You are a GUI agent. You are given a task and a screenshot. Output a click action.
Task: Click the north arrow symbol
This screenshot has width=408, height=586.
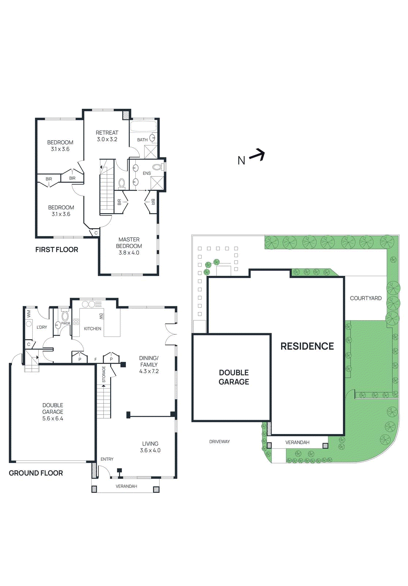click(257, 155)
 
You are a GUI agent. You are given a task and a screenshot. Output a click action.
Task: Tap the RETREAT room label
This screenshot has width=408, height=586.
click(107, 133)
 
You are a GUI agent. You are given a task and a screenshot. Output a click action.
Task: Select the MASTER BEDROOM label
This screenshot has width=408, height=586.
click(129, 242)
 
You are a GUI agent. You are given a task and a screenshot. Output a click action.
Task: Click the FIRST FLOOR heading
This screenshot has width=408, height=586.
click(57, 249)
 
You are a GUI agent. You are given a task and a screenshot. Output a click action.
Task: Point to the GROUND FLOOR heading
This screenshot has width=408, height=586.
click(36, 473)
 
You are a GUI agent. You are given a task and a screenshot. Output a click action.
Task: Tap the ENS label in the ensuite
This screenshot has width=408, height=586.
click(147, 173)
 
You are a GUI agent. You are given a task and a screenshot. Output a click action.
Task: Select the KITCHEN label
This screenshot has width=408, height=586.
click(93, 329)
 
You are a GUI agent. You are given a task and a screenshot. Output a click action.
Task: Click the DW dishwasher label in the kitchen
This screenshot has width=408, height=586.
click(101, 316)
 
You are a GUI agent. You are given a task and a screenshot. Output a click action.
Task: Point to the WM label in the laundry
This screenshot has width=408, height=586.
click(29, 314)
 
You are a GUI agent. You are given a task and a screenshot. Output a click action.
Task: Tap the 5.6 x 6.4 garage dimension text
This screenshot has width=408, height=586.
click(53, 418)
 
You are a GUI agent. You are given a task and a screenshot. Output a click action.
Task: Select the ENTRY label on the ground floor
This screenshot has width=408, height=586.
click(107, 459)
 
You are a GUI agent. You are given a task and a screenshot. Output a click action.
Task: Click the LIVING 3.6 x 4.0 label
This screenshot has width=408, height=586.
click(150, 447)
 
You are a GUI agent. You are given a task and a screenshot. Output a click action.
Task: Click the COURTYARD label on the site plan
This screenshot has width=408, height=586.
click(366, 298)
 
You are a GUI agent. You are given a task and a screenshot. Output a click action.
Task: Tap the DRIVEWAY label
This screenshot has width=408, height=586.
click(220, 441)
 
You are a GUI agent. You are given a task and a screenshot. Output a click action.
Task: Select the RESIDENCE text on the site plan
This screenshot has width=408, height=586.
click(307, 346)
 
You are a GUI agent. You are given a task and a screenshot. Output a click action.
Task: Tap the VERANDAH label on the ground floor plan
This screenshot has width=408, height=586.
click(126, 486)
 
